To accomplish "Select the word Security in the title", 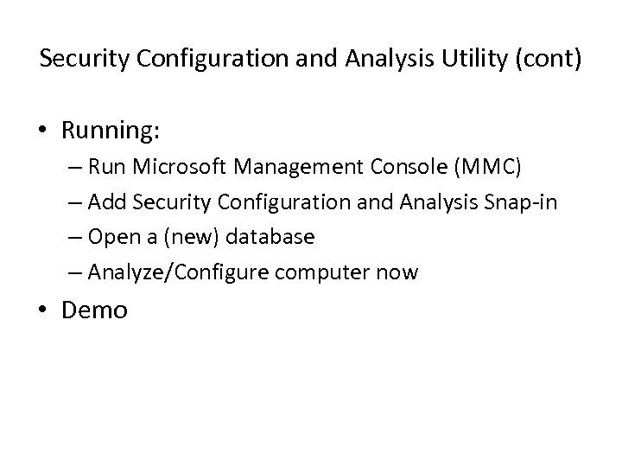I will point(80,61).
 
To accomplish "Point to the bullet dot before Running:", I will point(43,131).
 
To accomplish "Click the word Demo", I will point(94,310).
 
